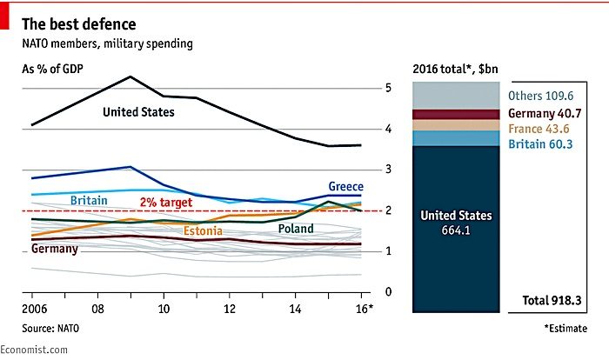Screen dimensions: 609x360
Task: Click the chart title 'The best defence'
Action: tap(79, 24)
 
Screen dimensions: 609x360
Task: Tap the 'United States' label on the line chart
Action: tap(138, 112)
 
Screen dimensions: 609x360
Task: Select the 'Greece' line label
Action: tap(346, 186)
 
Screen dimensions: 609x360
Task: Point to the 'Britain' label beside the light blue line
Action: tap(89, 200)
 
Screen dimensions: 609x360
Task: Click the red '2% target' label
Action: tap(166, 203)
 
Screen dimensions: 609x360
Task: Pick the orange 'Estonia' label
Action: tap(203, 231)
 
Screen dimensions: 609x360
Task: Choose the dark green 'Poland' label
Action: tap(296, 229)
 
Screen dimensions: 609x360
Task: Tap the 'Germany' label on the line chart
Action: tap(55, 249)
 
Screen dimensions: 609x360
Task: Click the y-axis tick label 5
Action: tap(388, 88)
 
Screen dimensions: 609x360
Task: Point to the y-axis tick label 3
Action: tap(388, 170)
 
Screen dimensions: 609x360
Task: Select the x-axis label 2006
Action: tap(35, 309)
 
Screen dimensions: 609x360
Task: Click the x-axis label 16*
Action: tap(365, 309)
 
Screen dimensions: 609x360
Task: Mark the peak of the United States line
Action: tap(130, 77)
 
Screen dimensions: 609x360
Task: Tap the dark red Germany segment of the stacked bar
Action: tap(456, 115)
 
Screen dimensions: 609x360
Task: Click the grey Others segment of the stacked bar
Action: tap(456, 96)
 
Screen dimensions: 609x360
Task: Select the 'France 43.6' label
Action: tap(539, 129)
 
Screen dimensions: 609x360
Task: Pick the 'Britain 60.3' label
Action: tap(540, 144)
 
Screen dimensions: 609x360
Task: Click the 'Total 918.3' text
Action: tap(552, 300)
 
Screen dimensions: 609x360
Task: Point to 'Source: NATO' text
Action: tap(50, 329)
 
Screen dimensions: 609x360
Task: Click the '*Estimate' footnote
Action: tap(565, 329)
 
